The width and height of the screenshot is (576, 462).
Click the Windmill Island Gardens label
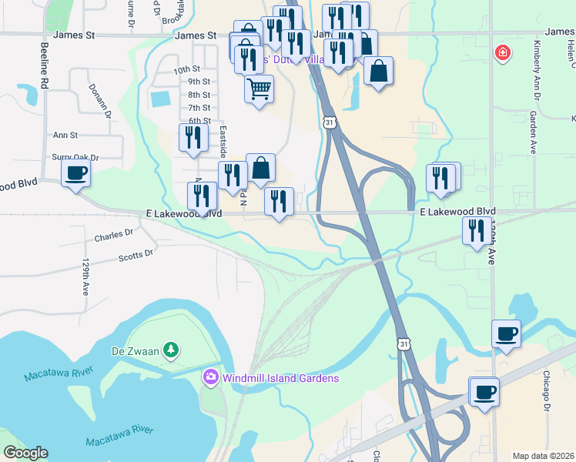pos(280,378)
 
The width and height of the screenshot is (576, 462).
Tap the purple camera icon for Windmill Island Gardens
pos(209,378)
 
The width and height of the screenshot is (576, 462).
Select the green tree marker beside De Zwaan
pos(171,351)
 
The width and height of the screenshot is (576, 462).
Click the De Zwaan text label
pos(135,351)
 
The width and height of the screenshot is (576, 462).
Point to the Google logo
pos(25,453)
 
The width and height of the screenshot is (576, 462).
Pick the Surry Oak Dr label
pos(75,157)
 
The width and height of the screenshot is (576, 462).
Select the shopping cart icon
pos(259,89)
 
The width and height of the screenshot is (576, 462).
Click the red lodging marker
pos(501,53)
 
